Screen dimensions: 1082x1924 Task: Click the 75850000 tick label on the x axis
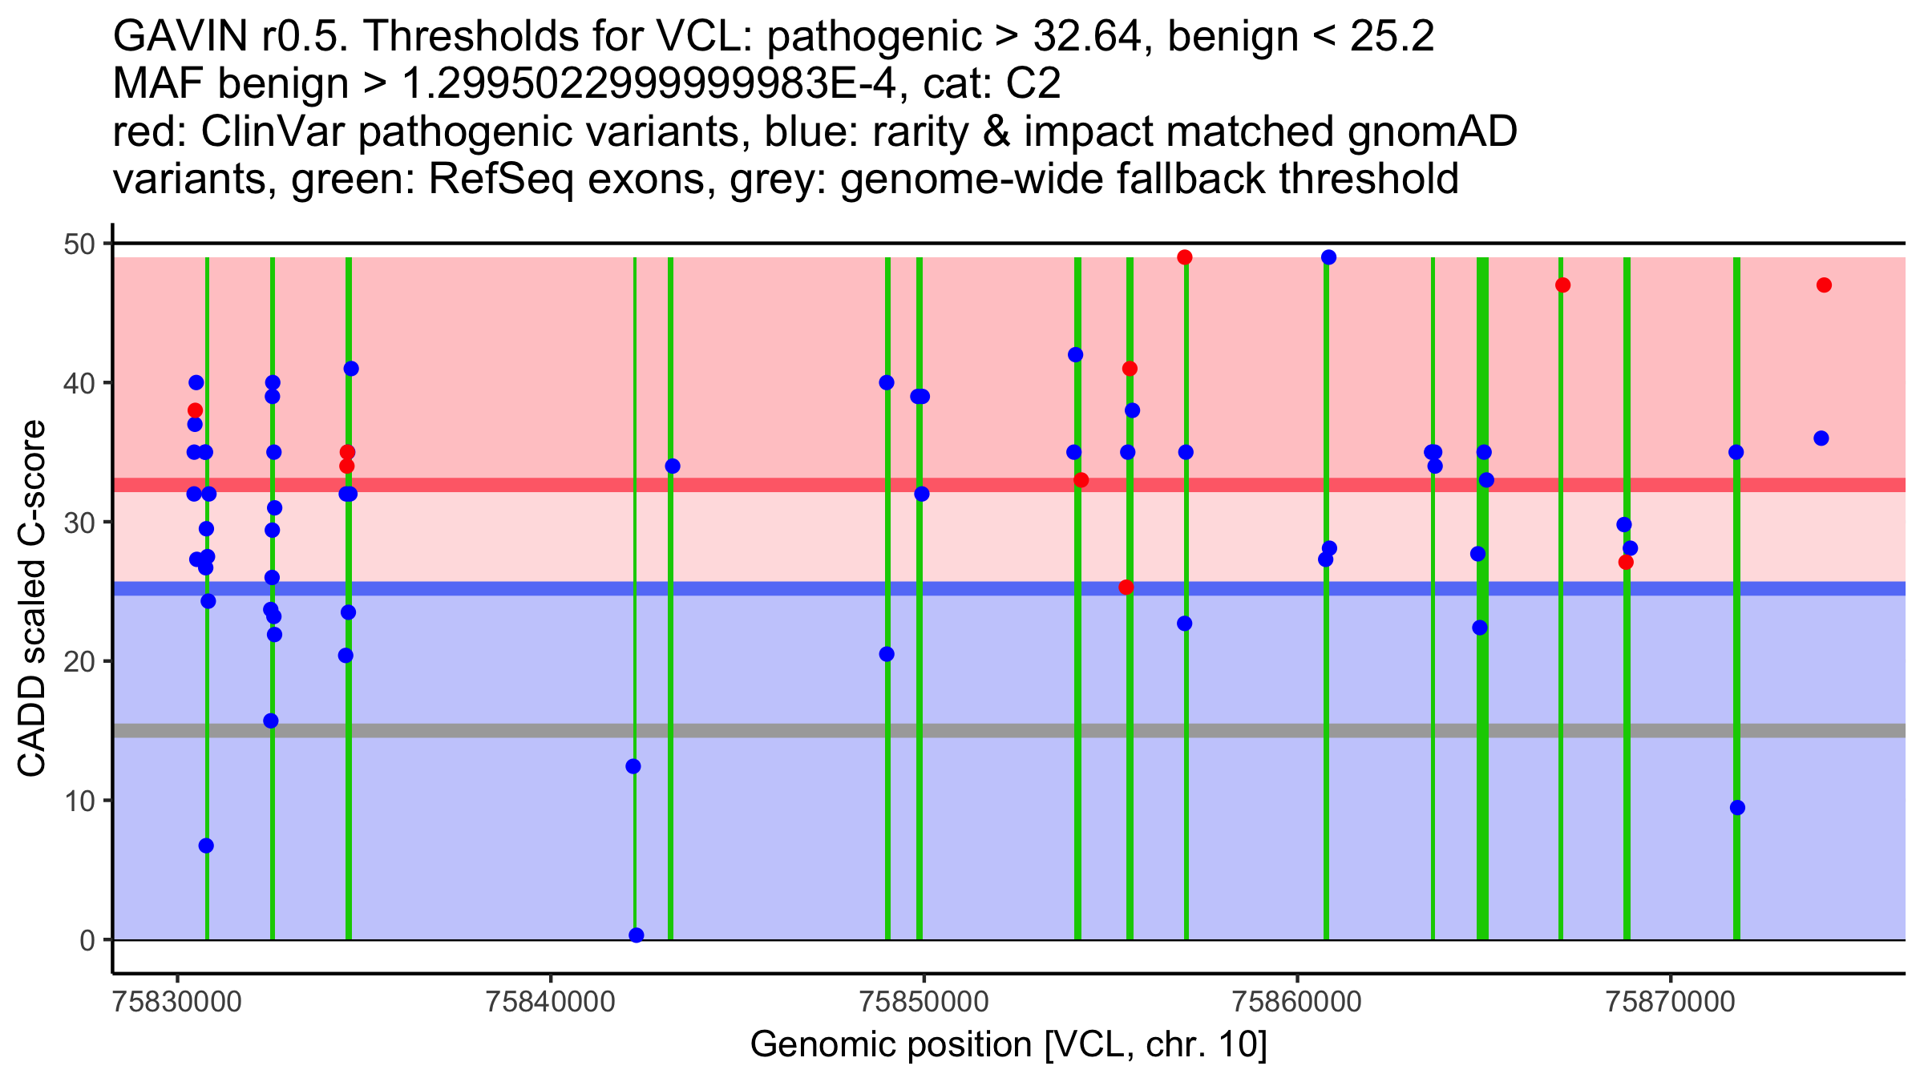924,1002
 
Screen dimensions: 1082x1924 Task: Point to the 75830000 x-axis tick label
177,1002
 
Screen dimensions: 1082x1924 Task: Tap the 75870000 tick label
1671,1002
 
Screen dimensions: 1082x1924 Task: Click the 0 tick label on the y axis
87,940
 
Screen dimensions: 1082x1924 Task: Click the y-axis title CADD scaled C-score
32,599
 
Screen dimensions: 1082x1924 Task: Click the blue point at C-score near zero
637,935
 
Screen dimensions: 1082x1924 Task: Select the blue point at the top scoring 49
1328,257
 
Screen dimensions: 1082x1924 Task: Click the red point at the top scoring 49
1185,257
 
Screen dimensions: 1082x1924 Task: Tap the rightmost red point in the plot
1824,285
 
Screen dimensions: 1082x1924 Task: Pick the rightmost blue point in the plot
1821,438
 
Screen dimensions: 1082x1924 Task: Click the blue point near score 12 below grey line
633,766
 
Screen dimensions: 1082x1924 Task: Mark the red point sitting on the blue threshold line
1126,587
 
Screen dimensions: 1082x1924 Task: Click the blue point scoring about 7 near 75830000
206,846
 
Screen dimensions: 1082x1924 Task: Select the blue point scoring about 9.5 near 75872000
1737,808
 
